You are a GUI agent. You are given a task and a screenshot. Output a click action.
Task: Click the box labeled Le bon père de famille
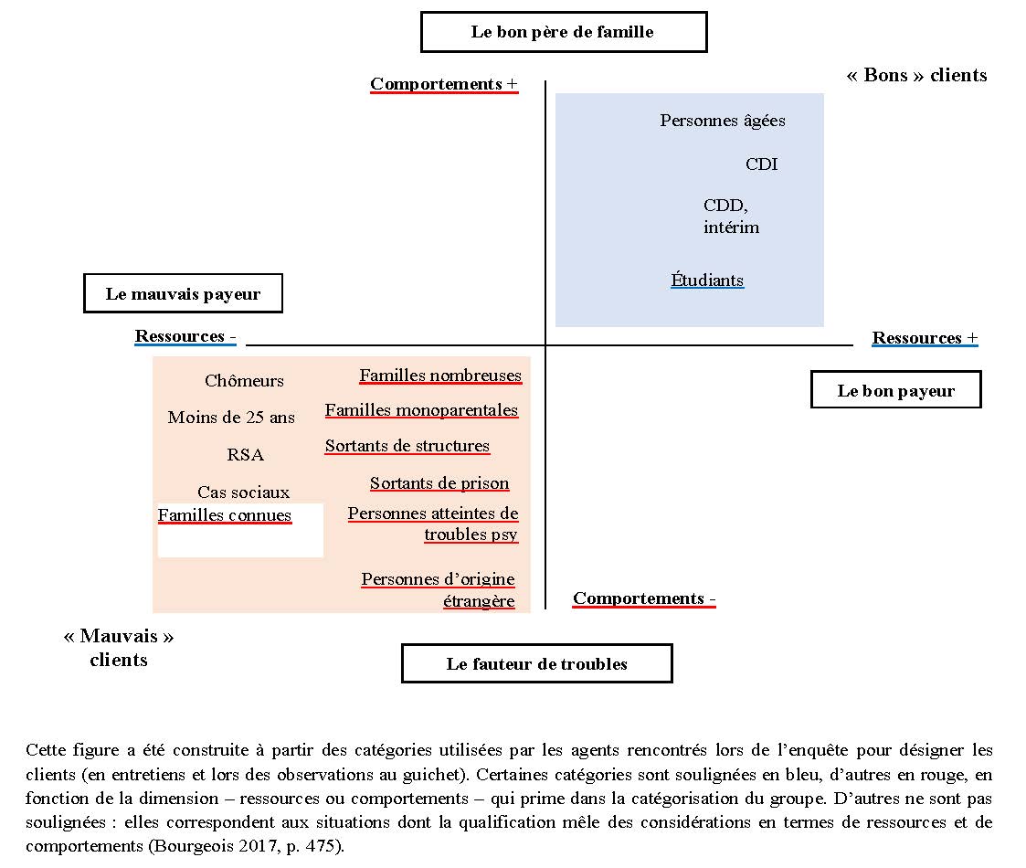563,32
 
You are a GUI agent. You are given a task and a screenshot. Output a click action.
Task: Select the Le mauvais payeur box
183,294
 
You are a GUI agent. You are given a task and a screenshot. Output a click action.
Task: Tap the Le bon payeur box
895,391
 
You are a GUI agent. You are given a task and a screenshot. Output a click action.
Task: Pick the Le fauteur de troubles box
536,664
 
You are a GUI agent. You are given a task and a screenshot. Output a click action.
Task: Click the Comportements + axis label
443,84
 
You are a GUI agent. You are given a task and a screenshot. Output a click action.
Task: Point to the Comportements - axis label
644,598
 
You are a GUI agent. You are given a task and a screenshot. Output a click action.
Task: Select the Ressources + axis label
925,338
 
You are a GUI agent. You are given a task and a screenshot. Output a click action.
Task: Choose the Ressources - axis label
185,336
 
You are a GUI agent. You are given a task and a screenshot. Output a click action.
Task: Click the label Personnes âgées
722,121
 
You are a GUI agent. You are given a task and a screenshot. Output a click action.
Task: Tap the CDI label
761,164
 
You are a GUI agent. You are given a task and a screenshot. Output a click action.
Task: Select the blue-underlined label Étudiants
707,281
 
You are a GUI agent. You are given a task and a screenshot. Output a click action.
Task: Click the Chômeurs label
244,381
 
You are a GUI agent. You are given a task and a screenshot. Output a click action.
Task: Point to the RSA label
245,455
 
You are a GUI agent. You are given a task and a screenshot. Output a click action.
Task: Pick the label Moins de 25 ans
231,418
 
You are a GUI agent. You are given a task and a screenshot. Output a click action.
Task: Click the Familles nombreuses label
440,376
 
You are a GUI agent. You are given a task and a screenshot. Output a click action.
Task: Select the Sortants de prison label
439,483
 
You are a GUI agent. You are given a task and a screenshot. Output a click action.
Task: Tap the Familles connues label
225,515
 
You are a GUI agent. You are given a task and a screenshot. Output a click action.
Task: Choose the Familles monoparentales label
421,411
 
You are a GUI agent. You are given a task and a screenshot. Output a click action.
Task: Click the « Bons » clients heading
916,75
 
